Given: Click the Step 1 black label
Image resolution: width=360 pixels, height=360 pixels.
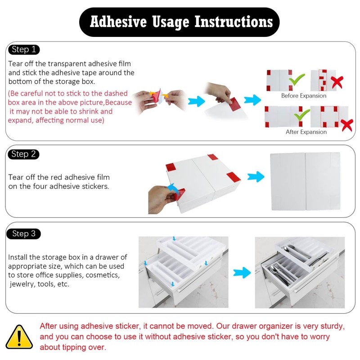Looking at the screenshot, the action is pos(23,49).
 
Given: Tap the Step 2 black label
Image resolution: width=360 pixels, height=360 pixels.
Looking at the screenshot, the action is pos(23,154).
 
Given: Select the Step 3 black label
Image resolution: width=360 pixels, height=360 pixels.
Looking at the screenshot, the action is pos(24,234).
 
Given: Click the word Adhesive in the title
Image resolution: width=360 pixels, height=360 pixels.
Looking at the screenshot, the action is pos(118,22).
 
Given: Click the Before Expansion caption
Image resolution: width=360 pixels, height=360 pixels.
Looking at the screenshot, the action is pos(304,96).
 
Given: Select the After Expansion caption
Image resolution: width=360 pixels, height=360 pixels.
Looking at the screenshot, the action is pos(306,132).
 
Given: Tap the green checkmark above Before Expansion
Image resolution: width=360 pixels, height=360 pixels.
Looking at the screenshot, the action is pos(297,80).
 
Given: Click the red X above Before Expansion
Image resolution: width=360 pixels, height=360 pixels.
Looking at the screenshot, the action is pos(337,82).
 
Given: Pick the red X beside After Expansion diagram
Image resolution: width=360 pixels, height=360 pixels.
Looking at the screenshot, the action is pos(346,125).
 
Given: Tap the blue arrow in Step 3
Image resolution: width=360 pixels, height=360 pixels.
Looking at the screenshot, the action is pos(242,272).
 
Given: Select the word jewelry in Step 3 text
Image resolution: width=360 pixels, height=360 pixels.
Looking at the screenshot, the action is pos(21,284).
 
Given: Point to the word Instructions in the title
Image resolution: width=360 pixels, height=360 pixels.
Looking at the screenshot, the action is pos(233,22).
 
